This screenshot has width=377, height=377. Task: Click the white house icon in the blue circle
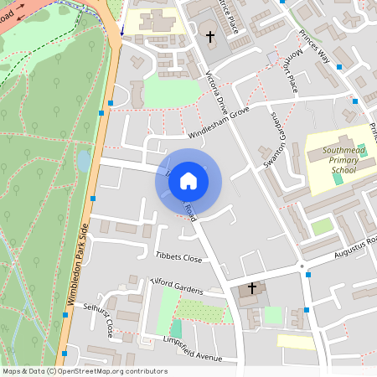click(188, 180)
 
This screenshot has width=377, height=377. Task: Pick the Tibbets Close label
click(178, 257)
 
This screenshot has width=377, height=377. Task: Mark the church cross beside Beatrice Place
click(210, 37)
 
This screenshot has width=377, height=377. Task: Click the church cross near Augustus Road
click(250, 288)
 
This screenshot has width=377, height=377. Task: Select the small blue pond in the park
click(83, 158)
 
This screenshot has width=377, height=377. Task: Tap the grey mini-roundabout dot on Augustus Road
click(301, 266)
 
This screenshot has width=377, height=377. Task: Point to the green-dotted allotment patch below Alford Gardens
click(202, 311)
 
